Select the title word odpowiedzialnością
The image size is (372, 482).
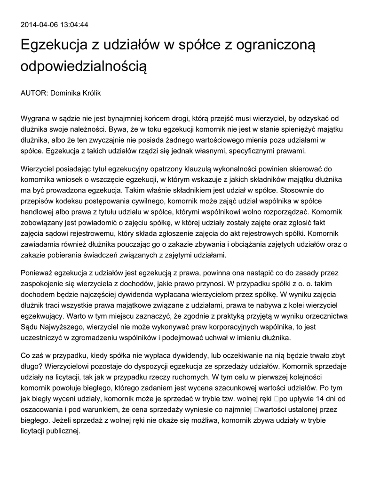point(84,66)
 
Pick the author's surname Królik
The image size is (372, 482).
point(90,93)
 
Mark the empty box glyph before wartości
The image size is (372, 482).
point(256,409)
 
